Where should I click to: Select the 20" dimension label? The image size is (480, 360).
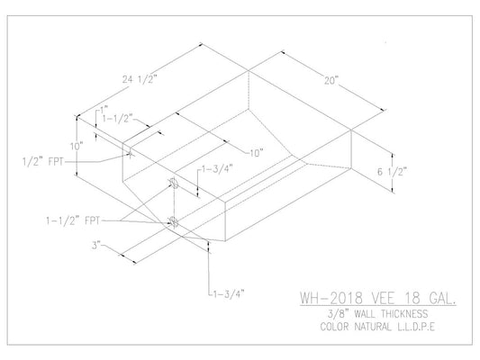tap(332, 79)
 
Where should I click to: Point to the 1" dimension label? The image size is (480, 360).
tap(104, 110)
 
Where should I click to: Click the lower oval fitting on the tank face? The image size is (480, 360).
tap(173, 221)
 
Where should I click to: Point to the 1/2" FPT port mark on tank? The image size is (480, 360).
tap(131, 153)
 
